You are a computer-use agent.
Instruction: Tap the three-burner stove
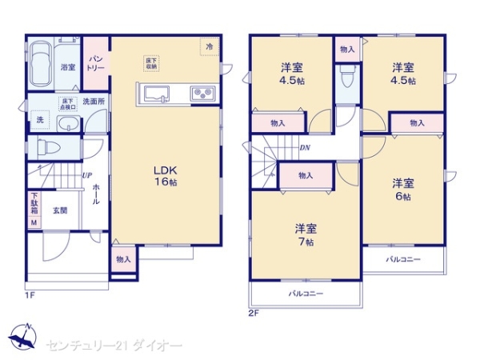coord(201,94)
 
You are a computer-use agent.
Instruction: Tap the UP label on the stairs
coord(86,178)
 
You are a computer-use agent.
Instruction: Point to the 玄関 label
coord(60,210)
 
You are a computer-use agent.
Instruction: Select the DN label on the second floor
coord(304,146)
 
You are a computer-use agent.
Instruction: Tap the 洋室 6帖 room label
coord(402,189)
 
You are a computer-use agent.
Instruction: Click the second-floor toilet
coord(346,79)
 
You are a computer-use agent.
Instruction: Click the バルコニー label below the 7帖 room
coord(305,294)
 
